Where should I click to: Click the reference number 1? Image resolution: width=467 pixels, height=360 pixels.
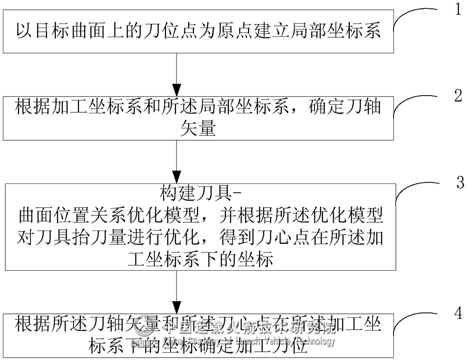coord(458,9)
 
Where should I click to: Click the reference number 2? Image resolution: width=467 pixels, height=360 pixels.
coord(458,96)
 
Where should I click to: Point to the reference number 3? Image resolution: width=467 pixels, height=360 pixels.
coord(460,182)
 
